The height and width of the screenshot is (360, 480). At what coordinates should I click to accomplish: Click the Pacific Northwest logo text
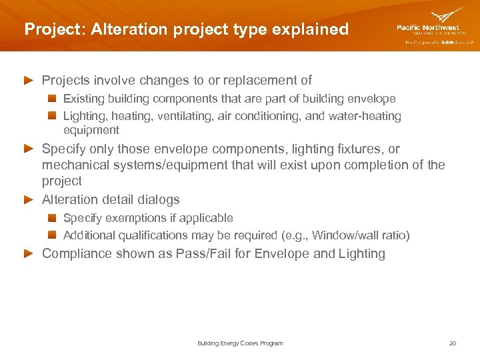pyautogui.click(x=427, y=27)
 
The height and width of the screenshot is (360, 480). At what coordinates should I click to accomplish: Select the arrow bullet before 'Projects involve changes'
pyautogui.click(x=28, y=81)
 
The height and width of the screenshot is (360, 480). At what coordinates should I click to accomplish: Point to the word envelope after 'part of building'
pyautogui.click(x=372, y=99)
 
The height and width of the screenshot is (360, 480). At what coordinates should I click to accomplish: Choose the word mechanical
pyautogui.click(x=73, y=165)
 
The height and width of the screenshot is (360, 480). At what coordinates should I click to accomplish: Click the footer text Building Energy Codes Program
pyautogui.click(x=240, y=343)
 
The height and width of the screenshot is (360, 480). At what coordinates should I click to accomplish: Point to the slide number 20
pyautogui.click(x=453, y=343)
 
